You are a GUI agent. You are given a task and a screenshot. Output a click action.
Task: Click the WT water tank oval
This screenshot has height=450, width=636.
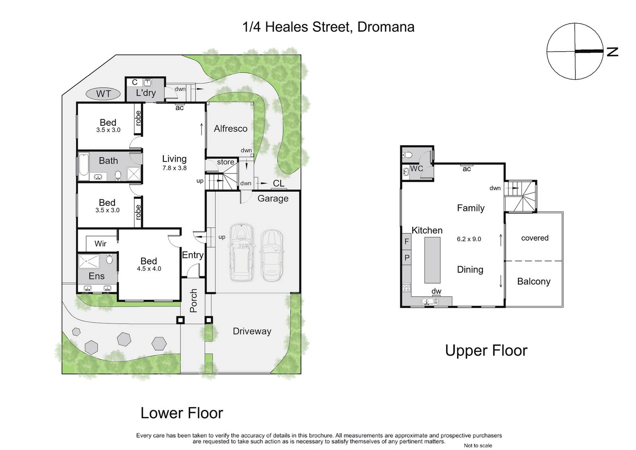(x=103, y=94)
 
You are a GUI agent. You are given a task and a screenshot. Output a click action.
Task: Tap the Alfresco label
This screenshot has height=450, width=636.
(x=231, y=129)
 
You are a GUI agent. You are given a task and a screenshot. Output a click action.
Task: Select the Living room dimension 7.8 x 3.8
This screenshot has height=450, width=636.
(x=175, y=168)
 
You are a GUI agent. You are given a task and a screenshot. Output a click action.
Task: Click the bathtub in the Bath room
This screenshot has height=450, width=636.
(x=84, y=166)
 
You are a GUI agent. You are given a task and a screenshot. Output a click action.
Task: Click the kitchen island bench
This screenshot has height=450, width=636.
(x=432, y=260)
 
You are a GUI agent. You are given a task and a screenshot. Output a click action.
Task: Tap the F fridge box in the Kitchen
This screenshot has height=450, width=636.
(x=407, y=242)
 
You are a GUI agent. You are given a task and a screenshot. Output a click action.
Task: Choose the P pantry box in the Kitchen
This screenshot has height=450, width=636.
(x=407, y=257)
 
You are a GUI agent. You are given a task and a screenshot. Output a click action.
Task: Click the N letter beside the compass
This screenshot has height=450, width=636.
(x=613, y=52)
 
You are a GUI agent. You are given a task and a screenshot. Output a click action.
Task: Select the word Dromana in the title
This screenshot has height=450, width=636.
(x=386, y=27)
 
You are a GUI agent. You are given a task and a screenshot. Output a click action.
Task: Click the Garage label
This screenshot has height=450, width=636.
(x=273, y=199)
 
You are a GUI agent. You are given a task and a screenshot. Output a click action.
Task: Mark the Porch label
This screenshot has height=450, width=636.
(x=193, y=300)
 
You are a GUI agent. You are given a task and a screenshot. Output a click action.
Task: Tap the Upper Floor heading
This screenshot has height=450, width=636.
(x=486, y=351)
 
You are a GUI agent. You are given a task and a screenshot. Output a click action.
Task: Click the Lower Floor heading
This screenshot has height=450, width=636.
(x=182, y=413)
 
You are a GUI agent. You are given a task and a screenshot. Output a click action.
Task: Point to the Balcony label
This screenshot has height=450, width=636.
(x=534, y=281)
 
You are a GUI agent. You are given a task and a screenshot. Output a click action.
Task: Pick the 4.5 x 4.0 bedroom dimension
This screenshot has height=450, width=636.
(x=149, y=269)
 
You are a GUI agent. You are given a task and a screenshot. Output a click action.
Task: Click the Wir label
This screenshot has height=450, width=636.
(x=101, y=244)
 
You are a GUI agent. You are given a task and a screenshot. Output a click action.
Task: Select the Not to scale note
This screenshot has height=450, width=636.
(x=478, y=446)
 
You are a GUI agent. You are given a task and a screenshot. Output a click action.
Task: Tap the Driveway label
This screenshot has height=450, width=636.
(x=252, y=331)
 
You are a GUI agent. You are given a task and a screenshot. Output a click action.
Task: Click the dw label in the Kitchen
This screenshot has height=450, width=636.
(x=436, y=291)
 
